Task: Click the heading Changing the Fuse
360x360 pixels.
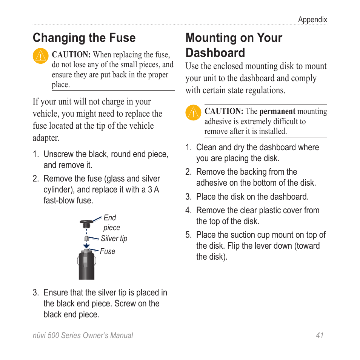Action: tap(84, 38)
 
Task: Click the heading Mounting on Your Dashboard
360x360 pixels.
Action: tap(234, 45)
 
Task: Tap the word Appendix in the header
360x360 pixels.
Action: tap(312, 20)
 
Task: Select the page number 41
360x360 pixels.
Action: tap(320, 335)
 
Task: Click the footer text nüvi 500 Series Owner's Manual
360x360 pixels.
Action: tap(83, 335)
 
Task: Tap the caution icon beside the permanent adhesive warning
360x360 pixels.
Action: tap(193, 113)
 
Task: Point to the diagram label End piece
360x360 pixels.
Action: tap(111, 223)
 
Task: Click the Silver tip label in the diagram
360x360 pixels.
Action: tap(114, 238)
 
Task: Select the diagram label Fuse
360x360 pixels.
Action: tap(108, 251)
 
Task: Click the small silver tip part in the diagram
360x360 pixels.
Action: tap(86, 239)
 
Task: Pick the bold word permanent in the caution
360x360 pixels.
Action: tap(277, 111)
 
